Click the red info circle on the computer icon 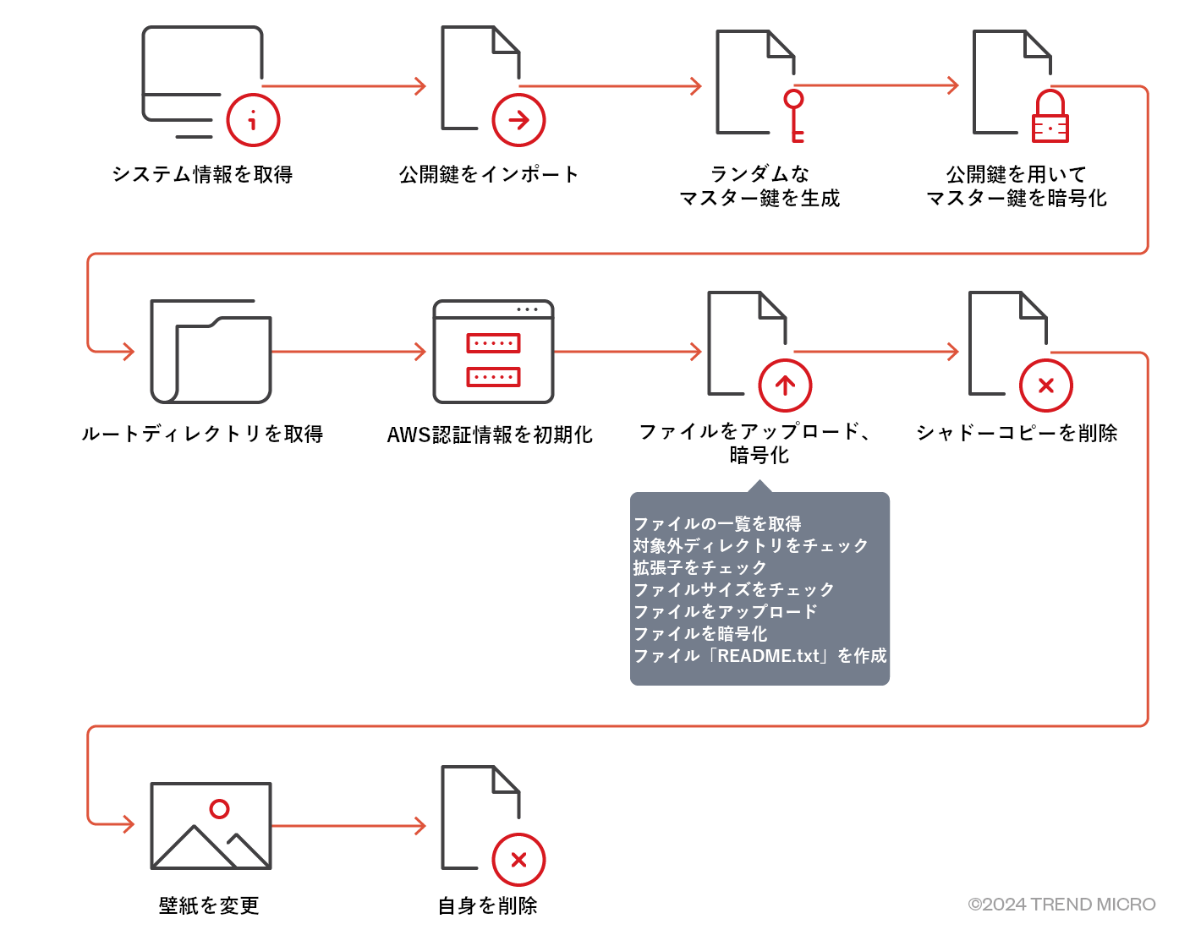(x=253, y=120)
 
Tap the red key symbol (x=794, y=115)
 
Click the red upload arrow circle (x=785, y=386)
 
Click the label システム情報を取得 (x=202, y=175)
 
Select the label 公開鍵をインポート (x=489, y=175)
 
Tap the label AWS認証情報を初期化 (x=490, y=435)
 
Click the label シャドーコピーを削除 (x=1017, y=433)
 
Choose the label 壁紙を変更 (x=209, y=905)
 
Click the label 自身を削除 (x=488, y=905)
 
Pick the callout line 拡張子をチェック (x=699, y=567)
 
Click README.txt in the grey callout (x=769, y=656)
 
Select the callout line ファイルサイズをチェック (x=733, y=589)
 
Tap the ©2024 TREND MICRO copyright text (x=1061, y=905)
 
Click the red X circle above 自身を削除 (x=518, y=860)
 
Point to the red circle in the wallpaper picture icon (x=220, y=809)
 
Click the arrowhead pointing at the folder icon (x=128, y=352)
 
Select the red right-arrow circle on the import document (x=518, y=120)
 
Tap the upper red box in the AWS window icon (x=493, y=343)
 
